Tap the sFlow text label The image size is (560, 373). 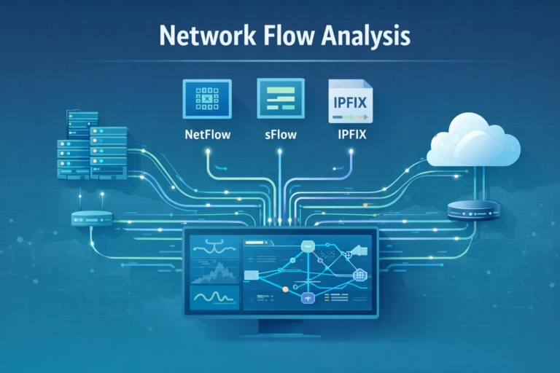pyautogui.click(x=279, y=135)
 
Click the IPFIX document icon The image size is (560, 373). pyautogui.click(x=351, y=101)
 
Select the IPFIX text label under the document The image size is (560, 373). pyautogui.click(x=351, y=135)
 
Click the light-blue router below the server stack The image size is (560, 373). pyautogui.click(x=91, y=217)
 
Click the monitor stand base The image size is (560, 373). pyautogui.click(x=281, y=334)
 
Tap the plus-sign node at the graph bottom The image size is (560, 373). pyautogui.click(x=308, y=299)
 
